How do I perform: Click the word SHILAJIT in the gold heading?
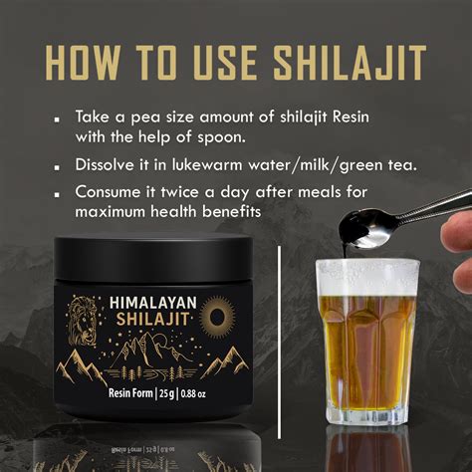coord(351,63)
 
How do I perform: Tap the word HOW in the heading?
coord(82,63)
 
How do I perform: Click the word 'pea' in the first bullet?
coord(145,118)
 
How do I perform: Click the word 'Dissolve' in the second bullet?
coord(104,164)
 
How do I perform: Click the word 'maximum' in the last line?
coord(111,212)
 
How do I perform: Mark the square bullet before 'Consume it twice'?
coord(58,195)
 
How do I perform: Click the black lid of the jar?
coord(153,257)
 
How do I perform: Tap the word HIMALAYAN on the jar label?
coord(153,303)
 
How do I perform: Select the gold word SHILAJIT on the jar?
coord(152,319)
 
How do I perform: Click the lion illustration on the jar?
coord(83,321)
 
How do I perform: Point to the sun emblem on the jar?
coord(217,314)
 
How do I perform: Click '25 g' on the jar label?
coord(167,393)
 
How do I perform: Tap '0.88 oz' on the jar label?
coord(193,394)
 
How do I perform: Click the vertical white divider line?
coord(279,343)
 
